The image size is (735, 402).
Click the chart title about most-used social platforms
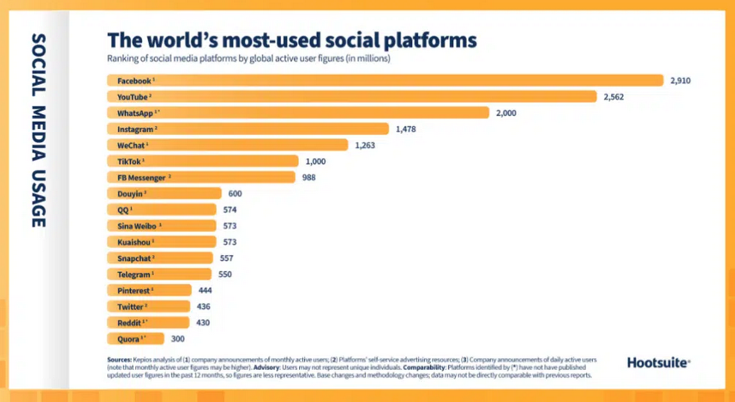click(x=292, y=40)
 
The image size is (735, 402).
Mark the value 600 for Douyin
click(x=236, y=194)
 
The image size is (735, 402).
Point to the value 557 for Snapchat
click(x=226, y=258)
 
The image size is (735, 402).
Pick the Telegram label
click(x=133, y=274)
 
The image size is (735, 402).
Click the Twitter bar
click(x=150, y=306)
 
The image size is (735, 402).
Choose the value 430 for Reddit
click(x=202, y=322)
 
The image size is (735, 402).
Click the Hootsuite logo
click(x=658, y=363)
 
